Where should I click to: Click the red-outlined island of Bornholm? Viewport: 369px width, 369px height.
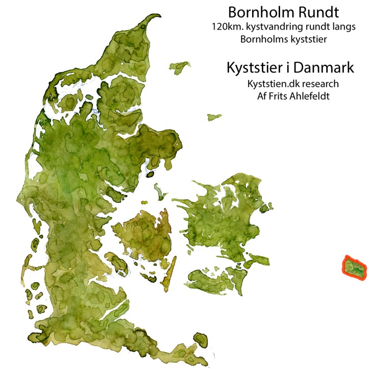click(x=354, y=267)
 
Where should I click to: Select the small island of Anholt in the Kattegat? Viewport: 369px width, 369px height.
click(x=214, y=117)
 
